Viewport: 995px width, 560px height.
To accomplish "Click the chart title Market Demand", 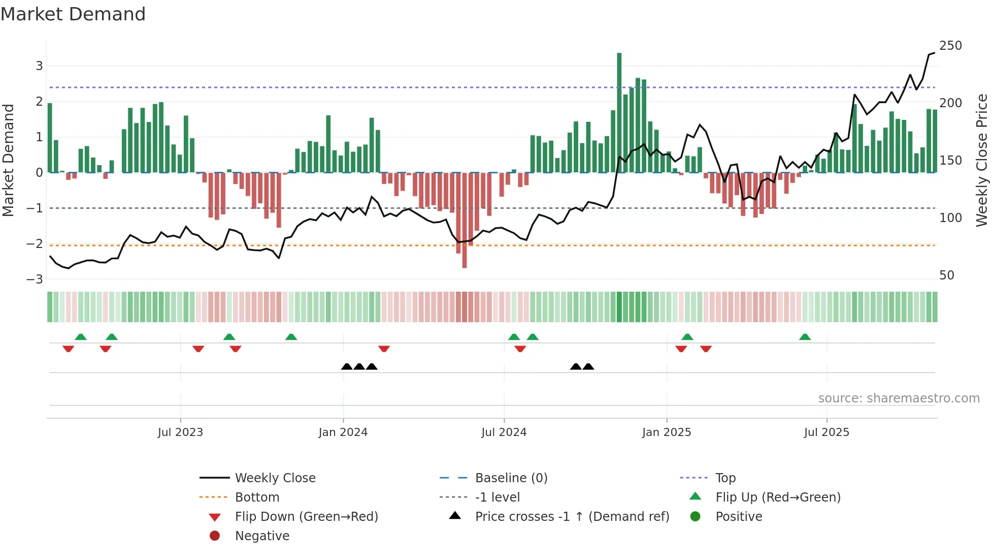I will coord(73,14).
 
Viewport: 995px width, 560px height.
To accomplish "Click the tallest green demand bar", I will coord(619,112).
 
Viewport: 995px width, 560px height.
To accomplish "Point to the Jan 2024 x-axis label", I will coord(343,432).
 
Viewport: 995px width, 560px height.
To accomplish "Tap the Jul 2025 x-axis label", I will coord(826,432).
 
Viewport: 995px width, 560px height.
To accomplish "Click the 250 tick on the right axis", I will coord(950,46).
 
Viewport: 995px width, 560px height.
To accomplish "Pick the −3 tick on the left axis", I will coord(35,279).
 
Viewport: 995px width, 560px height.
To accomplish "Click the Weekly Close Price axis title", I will coord(982,160).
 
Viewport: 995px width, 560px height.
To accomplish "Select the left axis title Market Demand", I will coord(8,160).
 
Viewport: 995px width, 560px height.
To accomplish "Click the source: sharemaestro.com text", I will coord(899,398).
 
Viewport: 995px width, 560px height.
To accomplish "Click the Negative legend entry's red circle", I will coord(215,536).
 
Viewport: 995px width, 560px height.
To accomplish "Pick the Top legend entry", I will coord(725,478).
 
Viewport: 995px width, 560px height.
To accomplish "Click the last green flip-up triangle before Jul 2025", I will coord(805,337).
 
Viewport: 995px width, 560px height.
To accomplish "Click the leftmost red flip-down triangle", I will coord(68,349).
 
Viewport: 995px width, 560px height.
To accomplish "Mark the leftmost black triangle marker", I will coord(347,366).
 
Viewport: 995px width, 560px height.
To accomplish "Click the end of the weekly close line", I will coord(934,53).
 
